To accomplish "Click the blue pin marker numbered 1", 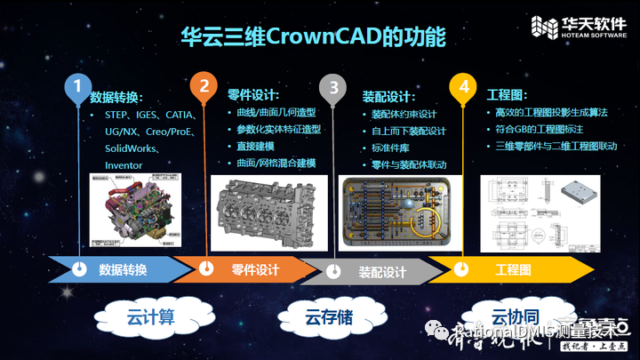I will tap(78, 87).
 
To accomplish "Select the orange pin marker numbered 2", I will tap(204, 87).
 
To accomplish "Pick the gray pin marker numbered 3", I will tap(333, 87).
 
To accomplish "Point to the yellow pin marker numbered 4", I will tap(462, 87).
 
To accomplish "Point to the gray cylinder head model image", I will tap(268, 211).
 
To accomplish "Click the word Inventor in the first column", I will tap(124, 165).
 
